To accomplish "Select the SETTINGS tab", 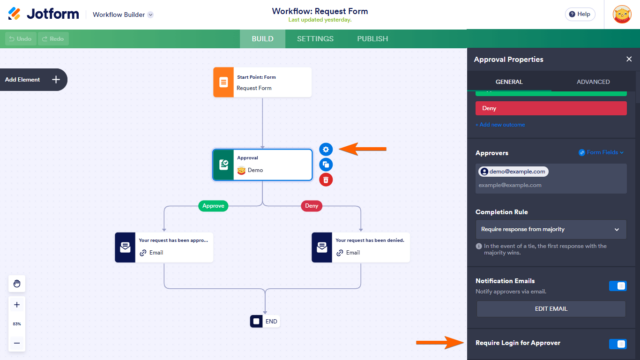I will click(316, 39).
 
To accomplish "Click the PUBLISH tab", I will click(372, 39).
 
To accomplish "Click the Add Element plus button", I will click(56, 79).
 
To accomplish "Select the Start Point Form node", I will click(262, 83).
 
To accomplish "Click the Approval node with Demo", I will click(262, 165).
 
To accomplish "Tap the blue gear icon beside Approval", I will click(326, 149).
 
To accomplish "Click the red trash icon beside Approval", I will click(326, 180).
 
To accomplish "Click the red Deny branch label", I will click(311, 206).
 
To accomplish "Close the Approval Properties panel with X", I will click(628, 59).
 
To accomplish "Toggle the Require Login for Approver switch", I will click(618, 343).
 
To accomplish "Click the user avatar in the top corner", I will click(620, 15).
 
